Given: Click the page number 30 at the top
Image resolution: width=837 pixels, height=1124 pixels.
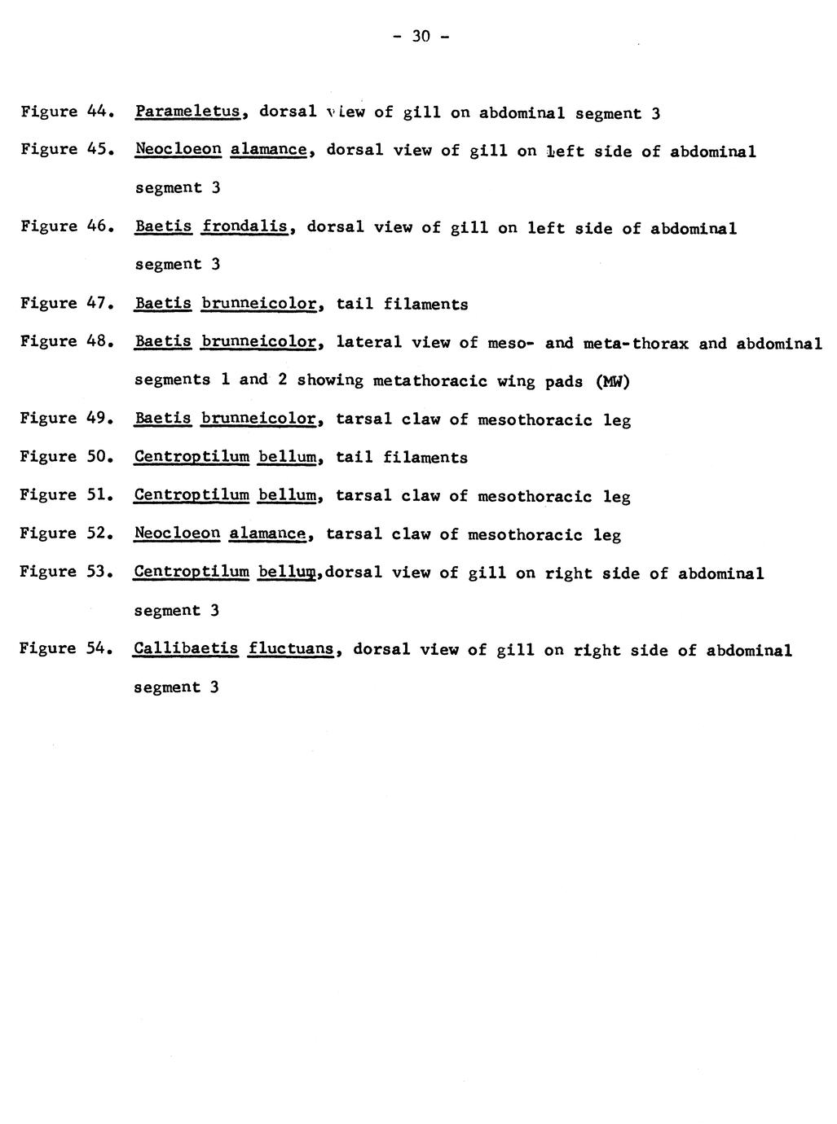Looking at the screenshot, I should click(421, 36).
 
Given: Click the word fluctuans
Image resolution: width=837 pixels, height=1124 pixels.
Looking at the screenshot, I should click(293, 649).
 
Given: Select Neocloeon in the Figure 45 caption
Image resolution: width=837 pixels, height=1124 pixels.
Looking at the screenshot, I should click(178, 150).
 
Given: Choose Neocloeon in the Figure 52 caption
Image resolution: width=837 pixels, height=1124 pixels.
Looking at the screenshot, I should click(178, 533).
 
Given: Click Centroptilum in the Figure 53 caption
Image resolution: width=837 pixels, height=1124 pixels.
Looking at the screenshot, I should click(192, 572).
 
